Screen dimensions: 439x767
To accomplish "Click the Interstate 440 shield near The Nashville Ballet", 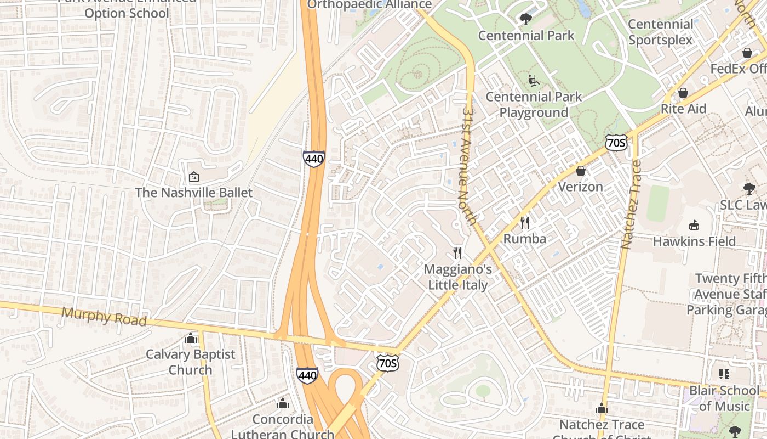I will tap(314, 159).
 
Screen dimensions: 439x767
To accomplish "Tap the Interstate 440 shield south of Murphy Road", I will tap(307, 375).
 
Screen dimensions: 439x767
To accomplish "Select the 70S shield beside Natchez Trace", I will tap(616, 143).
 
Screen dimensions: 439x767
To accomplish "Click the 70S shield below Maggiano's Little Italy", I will tap(387, 363).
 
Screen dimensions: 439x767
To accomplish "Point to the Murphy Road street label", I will tap(104, 317).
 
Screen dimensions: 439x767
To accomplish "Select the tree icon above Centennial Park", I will tap(525, 19).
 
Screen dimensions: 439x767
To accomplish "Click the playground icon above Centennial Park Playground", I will tap(533, 81).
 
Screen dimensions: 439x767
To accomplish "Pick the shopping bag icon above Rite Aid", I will tap(683, 93).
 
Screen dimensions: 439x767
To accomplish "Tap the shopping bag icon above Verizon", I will tap(581, 171).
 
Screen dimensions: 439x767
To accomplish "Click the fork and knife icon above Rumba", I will tap(525, 222).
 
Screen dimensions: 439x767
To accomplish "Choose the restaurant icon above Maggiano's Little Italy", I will tap(458, 253).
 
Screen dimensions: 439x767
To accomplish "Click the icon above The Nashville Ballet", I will tap(193, 177).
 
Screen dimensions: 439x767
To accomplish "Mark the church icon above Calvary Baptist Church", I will tap(191, 338).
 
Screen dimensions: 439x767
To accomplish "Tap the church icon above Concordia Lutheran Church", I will tap(283, 404).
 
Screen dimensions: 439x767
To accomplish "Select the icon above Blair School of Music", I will tap(724, 374).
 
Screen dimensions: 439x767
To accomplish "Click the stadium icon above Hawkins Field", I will tap(694, 225).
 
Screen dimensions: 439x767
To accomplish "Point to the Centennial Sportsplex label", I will tap(661, 32).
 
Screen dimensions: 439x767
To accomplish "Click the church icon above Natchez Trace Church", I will tap(602, 409).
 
